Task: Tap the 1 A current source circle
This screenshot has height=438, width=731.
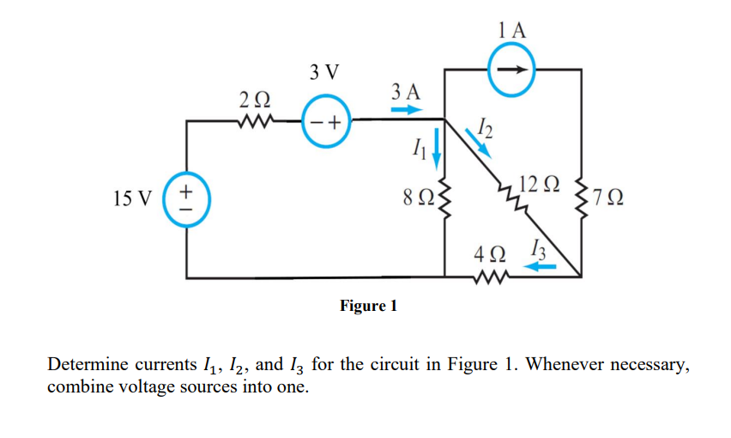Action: [513, 69]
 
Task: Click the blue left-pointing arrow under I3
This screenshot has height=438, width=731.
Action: [541, 267]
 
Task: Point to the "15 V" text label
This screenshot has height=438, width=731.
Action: [132, 199]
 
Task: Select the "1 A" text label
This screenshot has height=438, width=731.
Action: [512, 30]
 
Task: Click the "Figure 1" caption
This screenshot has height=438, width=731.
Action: [369, 307]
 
